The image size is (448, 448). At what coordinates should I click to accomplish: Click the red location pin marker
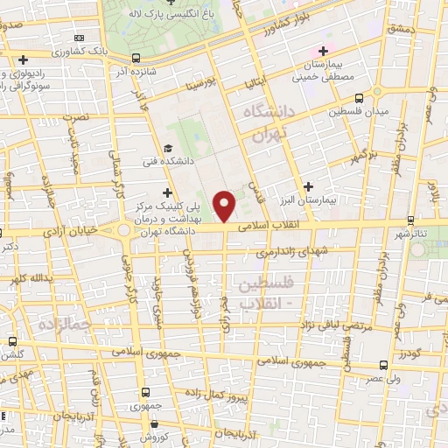(226, 205)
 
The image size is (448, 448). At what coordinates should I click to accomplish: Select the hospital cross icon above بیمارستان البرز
(308, 186)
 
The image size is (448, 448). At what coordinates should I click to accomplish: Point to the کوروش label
(152, 435)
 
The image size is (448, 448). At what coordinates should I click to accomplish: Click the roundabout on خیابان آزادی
(125, 231)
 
